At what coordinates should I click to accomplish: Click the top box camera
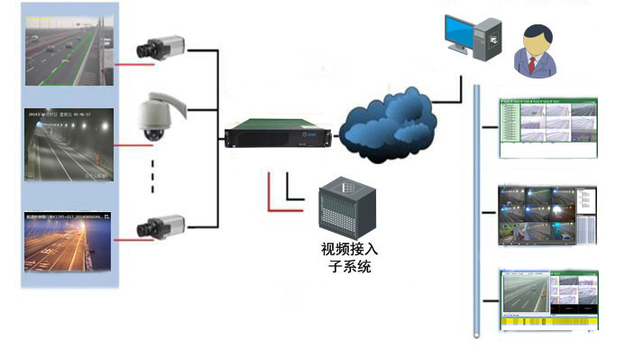pyautogui.click(x=161, y=45)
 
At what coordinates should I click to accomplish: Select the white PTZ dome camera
pyautogui.click(x=157, y=118)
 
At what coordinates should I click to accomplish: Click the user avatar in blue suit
pyautogui.click(x=534, y=51)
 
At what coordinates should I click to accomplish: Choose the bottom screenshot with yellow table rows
pyautogui.click(x=547, y=301)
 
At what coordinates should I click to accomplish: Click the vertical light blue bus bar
pyautogui.click(x=475, y=208)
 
